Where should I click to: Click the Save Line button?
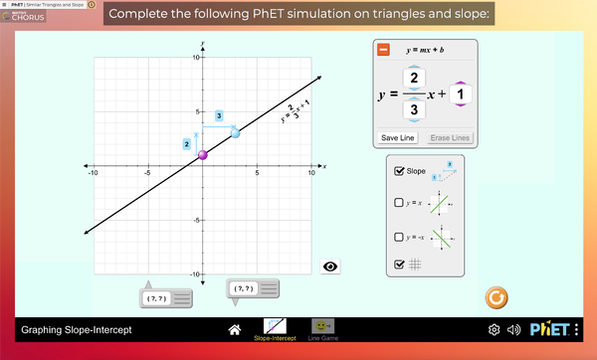click(399, 138)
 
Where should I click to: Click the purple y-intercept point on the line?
click(203, 154)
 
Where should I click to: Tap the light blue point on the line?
click(236, 132)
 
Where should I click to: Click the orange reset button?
click(496, 296)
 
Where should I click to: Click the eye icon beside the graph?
click(331, 266)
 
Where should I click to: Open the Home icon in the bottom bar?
click(235, 328)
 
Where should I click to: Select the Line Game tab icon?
click(321, 326)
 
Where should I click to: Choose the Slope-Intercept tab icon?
click(274, 326)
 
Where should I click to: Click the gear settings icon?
click(495, 329)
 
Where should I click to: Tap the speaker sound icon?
click(514, 329)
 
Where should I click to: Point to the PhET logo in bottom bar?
click(549, 329)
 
